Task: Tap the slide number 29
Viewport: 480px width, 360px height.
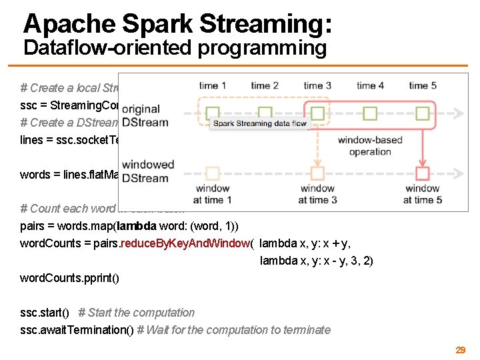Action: coord(460,350)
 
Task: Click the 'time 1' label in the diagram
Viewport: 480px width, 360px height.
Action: coord(213,85)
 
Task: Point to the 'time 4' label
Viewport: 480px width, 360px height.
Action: coord(370,85)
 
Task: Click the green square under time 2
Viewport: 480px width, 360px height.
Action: coord(265,113)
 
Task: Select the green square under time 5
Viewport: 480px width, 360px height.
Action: coord(423,113)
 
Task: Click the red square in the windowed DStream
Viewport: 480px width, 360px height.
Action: coord(423,174)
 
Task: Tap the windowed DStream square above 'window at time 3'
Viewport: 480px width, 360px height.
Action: coord(317,174)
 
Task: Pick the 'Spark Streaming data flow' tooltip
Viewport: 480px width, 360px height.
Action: coord(259,123)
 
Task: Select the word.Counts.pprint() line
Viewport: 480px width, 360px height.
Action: coord(70,277)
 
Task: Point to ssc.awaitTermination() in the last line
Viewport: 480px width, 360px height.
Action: coord(81,330)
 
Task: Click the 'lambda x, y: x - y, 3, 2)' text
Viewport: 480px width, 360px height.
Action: coord(316,261)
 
